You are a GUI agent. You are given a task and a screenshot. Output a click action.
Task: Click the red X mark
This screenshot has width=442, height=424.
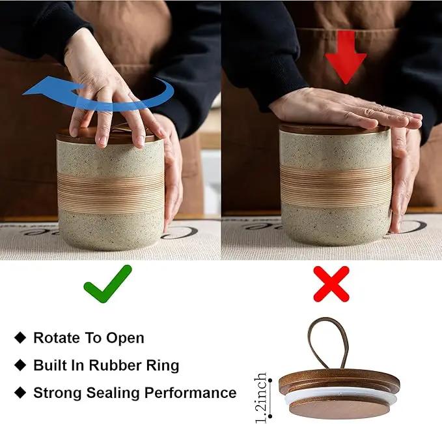point(331,284)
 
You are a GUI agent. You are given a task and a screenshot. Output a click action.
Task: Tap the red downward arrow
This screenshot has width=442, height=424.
point(346,57)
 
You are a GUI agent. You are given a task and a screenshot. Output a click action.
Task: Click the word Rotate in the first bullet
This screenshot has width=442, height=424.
point(56,337)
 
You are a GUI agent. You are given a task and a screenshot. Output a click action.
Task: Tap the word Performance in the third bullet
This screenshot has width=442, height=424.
point(191,393)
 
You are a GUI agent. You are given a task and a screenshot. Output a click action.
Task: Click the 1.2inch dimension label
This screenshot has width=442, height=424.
point(261,398)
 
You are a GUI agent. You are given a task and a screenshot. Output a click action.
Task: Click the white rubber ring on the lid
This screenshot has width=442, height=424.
point(340,395)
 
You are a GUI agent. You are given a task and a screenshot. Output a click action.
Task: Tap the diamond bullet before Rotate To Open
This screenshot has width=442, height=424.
point(20,337)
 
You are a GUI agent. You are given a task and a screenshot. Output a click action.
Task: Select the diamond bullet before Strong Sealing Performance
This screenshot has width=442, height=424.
point(20,393)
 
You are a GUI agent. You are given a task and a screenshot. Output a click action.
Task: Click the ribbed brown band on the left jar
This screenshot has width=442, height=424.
point(111,192)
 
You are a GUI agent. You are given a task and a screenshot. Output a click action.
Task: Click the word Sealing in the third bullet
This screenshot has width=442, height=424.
point(113,393)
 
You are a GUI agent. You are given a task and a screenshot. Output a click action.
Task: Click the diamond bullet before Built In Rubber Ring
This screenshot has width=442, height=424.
point(20,365)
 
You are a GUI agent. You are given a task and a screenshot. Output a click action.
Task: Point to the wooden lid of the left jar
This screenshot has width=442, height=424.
point(110,135)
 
